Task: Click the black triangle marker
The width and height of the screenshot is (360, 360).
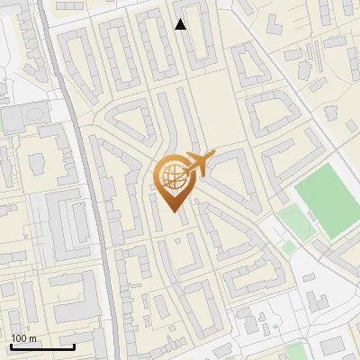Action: (x=181, y=24)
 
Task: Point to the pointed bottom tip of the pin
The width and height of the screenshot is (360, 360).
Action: (x=174, y=211)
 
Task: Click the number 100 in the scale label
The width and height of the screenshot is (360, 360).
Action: (x=17, y=338)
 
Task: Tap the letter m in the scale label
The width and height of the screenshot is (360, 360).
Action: (x=32, y=338)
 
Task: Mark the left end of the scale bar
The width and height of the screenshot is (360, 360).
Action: (x=11, y=346)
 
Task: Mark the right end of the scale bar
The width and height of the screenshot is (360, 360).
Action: (x=74, y=346)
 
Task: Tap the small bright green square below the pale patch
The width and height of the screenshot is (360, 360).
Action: (x=289, y=247)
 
